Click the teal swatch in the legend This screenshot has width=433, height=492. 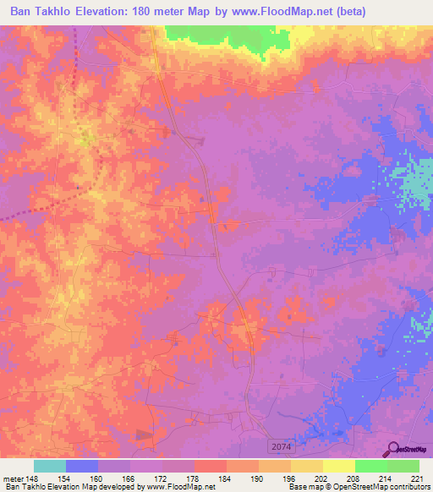50,466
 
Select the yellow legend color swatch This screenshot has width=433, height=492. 339,466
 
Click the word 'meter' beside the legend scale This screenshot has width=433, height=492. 11,478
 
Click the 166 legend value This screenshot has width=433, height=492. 129,478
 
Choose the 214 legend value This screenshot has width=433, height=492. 386,478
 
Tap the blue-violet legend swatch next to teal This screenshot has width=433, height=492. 82,466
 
